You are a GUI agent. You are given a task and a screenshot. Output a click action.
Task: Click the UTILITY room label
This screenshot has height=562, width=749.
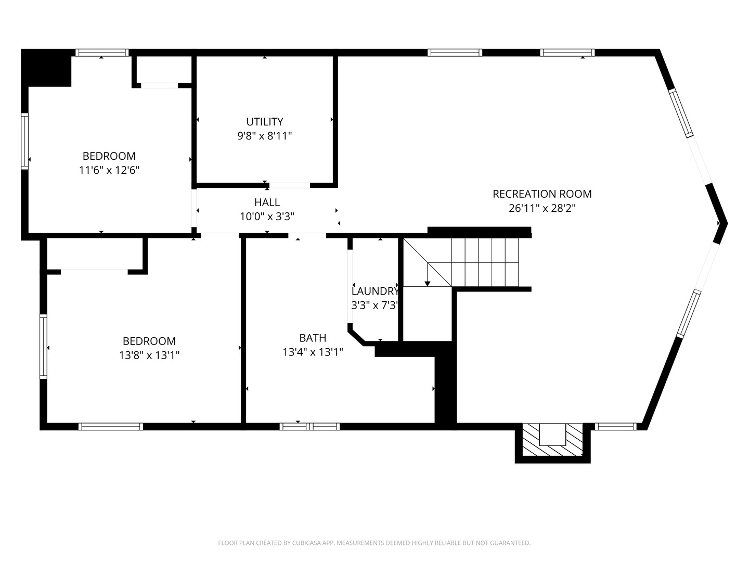pyautogui.click(x=265, y=122)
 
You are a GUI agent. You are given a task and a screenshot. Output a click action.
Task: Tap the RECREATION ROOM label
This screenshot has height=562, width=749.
pyautogui.click(x=542, y=194)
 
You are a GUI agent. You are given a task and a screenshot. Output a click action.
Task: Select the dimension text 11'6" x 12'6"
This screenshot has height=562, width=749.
pyautogui.click(x=109, y=170)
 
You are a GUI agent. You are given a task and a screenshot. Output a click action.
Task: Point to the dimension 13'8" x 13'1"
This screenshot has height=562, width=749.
pyautogui.click(x=149, y=355)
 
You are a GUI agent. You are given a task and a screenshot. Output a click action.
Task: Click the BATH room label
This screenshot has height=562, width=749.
pyautogui.click(x=313, y=338)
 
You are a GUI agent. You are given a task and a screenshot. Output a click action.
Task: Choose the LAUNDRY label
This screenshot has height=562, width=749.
pyautogui.click(x=374, y=291)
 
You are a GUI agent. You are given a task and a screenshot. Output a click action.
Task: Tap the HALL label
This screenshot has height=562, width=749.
pyautogui.click(x=267, y=202)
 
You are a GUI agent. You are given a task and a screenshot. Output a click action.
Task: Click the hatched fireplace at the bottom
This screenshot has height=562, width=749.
pyautogui.click(x=552, y=440)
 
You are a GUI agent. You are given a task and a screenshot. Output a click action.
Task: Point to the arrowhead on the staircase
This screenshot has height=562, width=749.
pyautogui.click(x=428, y=283)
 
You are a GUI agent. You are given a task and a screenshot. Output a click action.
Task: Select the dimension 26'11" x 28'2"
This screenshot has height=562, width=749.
pyautogui.click(x=542, y=208)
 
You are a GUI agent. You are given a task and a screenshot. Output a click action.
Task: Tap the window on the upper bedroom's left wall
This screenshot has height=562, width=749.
pyautogui.click(x=24, y=141)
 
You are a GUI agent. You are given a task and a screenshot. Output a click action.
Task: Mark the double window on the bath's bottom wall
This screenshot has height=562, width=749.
pyautogui.click(x=310, y=427)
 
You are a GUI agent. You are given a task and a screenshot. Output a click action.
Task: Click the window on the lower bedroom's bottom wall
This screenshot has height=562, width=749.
pyautogui.click(x=110, y=427)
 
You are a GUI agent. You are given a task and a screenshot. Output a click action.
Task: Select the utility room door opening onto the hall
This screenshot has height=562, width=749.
pyautogui.click(x=289, y=185)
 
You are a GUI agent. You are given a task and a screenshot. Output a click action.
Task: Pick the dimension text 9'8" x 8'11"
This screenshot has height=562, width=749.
pyautogui.click(x=265, y=136)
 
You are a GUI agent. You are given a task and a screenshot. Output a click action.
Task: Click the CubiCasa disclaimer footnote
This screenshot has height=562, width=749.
pyautogui.click(x=374, y=543)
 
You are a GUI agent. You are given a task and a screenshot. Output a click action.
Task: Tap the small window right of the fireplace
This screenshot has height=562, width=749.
pyautogui.click(x=615, y=427)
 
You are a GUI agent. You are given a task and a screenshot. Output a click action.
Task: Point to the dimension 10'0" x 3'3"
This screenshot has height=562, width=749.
pyautogui.click(x=267, y=216)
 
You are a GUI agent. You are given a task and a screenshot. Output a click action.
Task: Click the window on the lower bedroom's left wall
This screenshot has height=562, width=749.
pyautogui.click(x=44, y=347)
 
